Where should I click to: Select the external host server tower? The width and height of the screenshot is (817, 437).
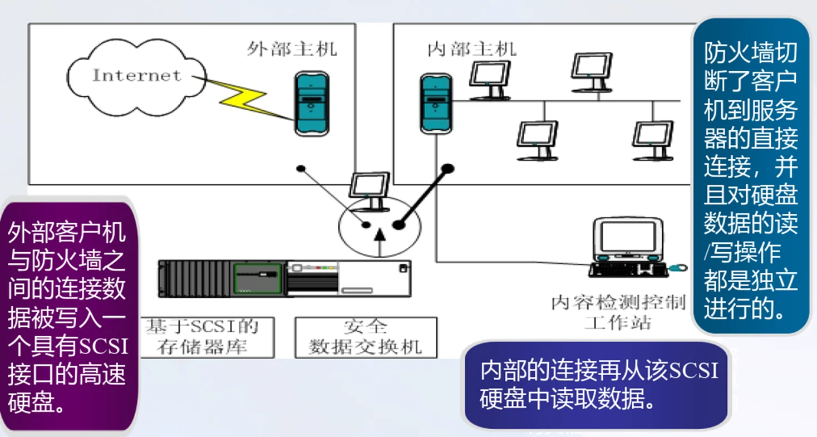click(312, 103)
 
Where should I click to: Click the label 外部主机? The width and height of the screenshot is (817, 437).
click(292, 49)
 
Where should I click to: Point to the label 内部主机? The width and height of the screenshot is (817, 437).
click(472, 49)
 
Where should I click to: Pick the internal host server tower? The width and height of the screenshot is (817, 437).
click(436, 103)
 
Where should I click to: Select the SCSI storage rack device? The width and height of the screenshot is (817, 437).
click(284, 278)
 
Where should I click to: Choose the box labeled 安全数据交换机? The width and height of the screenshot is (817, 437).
click(366, 337)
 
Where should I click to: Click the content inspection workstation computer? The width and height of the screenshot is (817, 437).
click(628, 239)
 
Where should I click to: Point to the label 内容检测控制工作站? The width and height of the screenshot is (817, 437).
click(618, 312)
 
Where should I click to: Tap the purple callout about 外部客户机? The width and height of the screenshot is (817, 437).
click(67, 317)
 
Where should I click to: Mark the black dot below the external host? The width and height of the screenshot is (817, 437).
click(301, 168)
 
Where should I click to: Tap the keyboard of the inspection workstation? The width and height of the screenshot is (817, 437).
click(628, 269)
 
